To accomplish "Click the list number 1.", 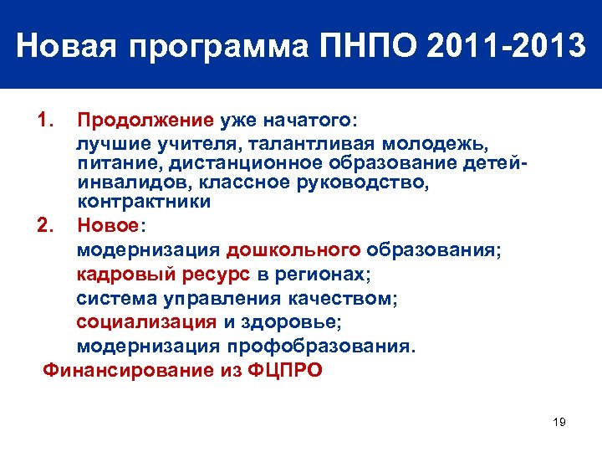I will (47, 120).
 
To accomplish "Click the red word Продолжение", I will (145, 121).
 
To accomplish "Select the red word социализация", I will (146, 321).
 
